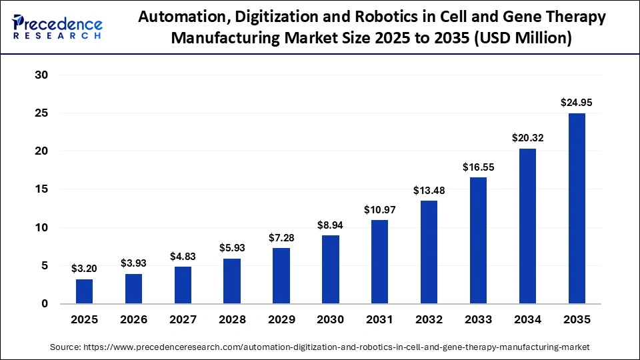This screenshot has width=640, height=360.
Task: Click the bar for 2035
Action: [x=577, y=208]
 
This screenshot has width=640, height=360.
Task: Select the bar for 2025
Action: [x=85, y=291]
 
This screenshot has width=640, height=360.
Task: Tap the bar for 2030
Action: [x=331, y=269]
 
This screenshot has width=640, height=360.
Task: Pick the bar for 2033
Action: [x=478, y=240]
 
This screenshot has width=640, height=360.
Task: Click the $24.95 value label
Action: [x=577, y=103]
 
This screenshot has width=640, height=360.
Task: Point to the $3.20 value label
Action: [x=85, y=269]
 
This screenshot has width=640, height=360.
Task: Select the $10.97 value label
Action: [x=380, y=209]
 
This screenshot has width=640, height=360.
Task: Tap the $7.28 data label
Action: [x=281, y=238]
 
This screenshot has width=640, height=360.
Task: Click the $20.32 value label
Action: [x=527, y=138]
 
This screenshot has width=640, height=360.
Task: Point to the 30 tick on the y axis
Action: [x=42, y=75]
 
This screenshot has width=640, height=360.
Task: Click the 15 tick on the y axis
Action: [x=42, y=189]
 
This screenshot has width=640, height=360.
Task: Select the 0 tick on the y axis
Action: [x=45, y=304]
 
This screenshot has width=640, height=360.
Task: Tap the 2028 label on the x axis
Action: [x=232, y=320]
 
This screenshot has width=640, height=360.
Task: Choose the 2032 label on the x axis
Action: [x=429, y=320]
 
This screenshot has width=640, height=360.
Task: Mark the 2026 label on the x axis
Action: [x=134, y=320]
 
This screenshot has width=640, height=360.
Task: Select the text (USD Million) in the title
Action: [x=521, y=39]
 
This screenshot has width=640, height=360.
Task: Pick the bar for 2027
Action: [x=183, y=285]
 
